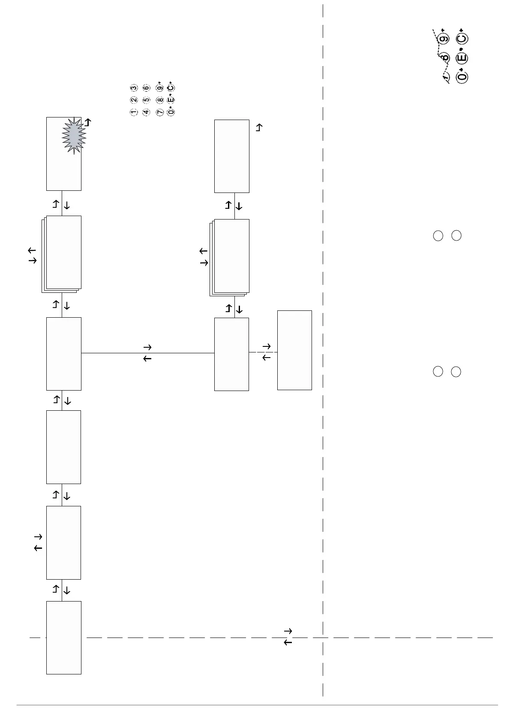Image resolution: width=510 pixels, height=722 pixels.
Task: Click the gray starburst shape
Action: tap(74, 135)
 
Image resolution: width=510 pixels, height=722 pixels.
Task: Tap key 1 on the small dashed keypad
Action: tap(134, 112)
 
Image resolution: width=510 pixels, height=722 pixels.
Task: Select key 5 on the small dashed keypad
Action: tap(146, 100)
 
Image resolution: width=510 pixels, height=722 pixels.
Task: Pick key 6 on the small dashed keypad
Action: tap(146, 88)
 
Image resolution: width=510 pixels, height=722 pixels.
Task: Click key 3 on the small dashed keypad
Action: tap(134, 88)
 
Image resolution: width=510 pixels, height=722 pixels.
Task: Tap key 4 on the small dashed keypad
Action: tap(146, 112)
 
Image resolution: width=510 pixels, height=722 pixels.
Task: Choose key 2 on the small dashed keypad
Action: tap(134, 100)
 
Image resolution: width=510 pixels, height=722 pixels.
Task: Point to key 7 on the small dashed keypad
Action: tap(160, 112)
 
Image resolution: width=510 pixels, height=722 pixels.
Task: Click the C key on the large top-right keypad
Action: tap(462, 39)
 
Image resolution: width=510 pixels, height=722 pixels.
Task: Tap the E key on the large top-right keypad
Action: tap(462, 58)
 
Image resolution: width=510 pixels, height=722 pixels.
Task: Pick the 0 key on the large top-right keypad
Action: tap(462, 77)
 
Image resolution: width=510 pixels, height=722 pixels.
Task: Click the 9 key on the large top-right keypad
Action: tap(444, 39)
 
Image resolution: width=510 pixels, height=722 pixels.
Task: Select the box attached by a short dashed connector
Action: tap(294, 350)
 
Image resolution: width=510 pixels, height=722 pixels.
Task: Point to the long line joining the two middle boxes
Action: tap(147, 353)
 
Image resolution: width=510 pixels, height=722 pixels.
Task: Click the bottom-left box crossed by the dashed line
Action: tap(63, 638)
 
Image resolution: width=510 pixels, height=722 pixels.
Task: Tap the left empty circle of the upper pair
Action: tap(438, 235)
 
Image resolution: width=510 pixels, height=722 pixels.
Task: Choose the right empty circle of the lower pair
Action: tap(456, 372)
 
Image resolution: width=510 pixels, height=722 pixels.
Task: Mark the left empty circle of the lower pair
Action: tap(438, 372)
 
